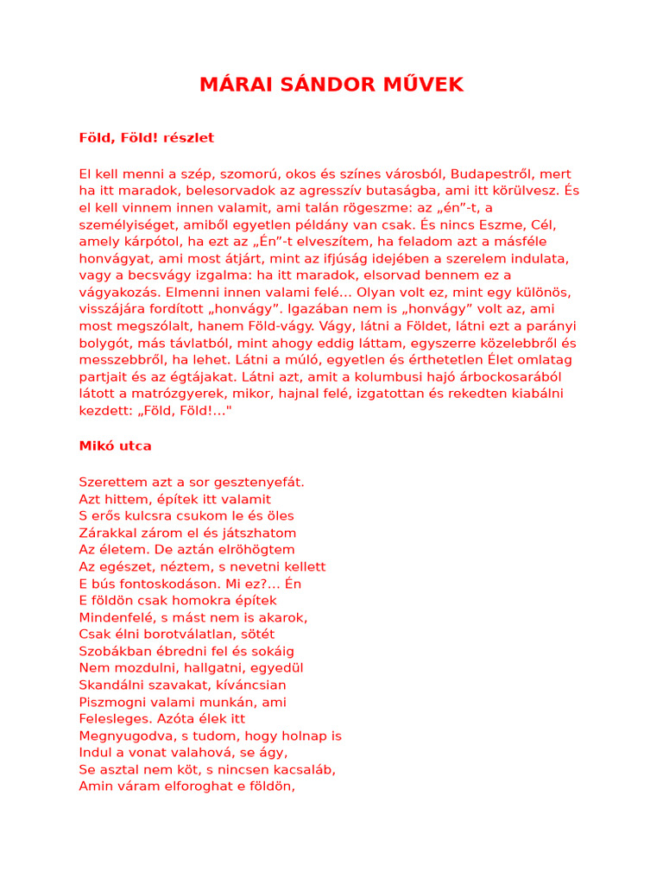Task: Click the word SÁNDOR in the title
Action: click(x=325, y=85)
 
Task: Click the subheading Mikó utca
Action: click(x=116, y=446)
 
